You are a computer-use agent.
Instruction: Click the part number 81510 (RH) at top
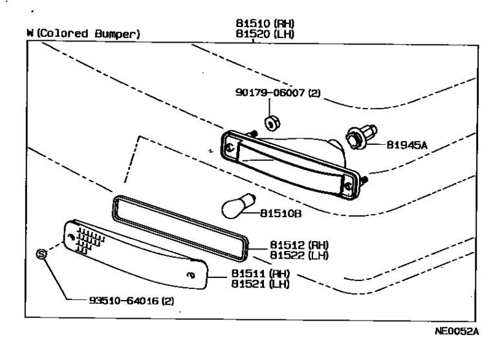pos(265,25)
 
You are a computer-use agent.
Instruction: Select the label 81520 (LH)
pos(265,34)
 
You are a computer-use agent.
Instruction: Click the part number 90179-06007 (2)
pos(278,93)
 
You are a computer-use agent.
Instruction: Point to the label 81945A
pos(408,145)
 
